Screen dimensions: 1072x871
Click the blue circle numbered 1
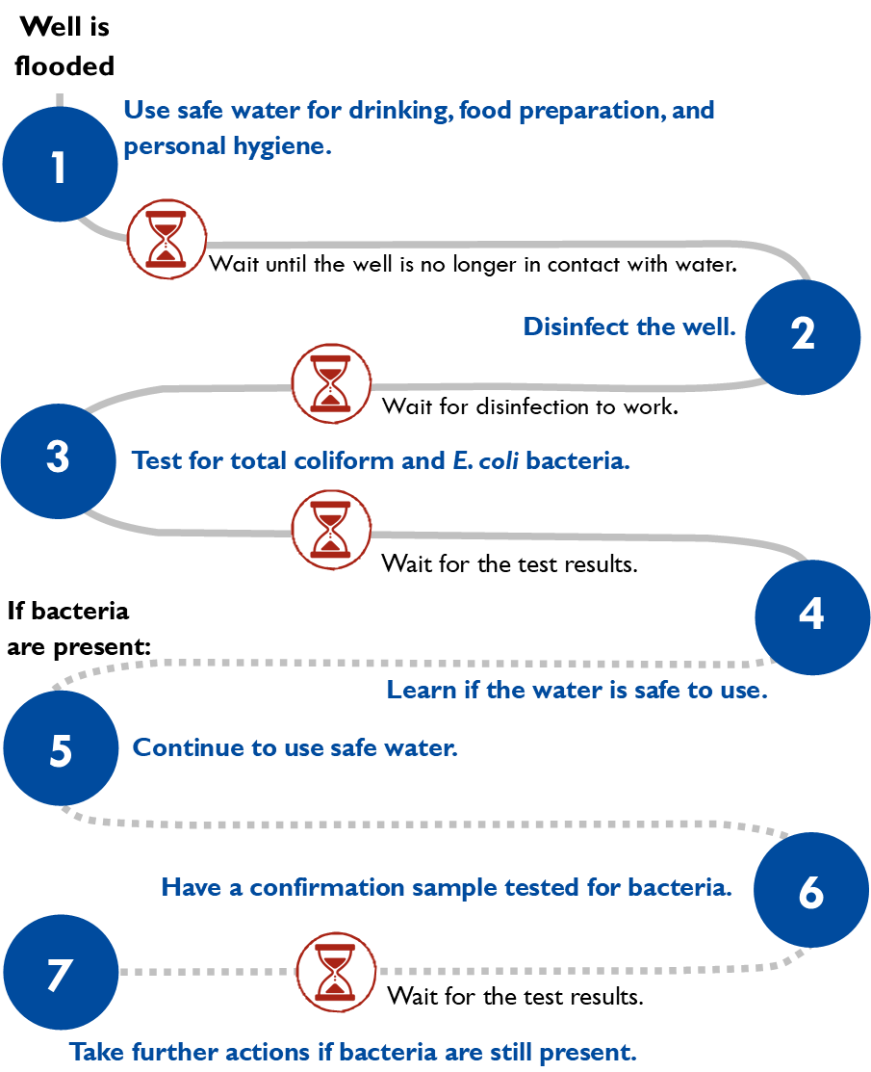(x=60, y=165)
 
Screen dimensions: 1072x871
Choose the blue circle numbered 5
(x=61, y=748)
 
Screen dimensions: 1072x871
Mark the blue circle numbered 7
(x=61, y=973)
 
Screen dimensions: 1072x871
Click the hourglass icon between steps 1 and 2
(x=167, y=239)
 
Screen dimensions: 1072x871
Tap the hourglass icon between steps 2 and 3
(x=331, y=383)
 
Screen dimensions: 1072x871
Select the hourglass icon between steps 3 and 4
(x=331, y=529)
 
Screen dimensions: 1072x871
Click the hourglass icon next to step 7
(x=335, y=971)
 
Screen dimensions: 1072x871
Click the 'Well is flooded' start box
(x=64, y=46)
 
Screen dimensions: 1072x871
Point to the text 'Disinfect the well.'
(x=629, y=327)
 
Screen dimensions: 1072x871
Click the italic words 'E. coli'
(x=486, y=460)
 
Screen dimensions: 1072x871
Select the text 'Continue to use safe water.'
(x=295, y=747)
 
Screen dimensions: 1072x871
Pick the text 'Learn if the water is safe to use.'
(x=576, y=690)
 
